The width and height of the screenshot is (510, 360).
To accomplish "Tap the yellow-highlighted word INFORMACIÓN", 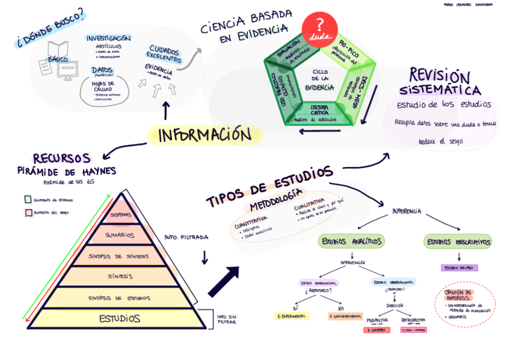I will pos(205,135).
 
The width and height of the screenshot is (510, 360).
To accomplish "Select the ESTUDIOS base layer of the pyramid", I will pos(120,318).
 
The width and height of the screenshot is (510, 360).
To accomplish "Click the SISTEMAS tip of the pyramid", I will pos(120,214).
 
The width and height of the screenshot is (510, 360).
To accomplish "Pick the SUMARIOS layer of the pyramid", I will pos(120,235).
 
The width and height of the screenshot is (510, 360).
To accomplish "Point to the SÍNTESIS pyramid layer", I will pos(120,276).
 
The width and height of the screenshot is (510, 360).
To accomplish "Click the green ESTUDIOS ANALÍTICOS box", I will pos(352,242).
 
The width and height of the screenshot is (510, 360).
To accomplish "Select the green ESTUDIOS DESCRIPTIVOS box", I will pos(459,242).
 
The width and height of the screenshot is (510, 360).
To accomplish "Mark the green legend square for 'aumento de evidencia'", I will pos(28,200).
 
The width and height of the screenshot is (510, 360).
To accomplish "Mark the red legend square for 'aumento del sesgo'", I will pos(28,213).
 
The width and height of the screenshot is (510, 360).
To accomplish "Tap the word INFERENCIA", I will pos(407,211).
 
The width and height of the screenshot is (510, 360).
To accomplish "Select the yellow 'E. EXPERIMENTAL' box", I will pos(292,316).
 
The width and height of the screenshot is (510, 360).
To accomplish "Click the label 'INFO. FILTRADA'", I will pos(186,237).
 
